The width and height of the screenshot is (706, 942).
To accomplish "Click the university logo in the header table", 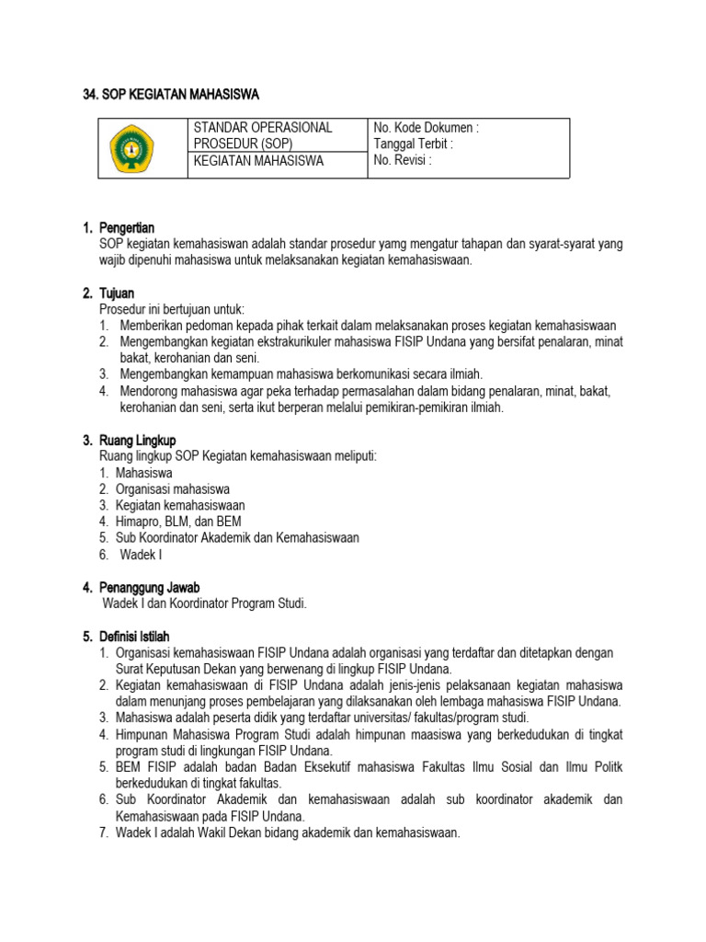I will point(133,148).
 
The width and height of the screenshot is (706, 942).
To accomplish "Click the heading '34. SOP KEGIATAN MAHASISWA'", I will point(171,94).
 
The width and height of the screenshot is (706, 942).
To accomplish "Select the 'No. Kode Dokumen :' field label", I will point(427,128).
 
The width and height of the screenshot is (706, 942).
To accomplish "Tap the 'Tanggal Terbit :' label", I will point(414,144).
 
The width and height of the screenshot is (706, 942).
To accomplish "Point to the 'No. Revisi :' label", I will point(403,159).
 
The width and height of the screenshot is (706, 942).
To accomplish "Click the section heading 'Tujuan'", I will point(116,293).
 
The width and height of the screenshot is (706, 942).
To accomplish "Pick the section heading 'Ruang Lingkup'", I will point(137,441).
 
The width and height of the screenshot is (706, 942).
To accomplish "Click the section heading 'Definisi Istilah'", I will point(139,637).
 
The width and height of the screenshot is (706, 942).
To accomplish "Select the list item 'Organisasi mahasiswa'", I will point(173,489).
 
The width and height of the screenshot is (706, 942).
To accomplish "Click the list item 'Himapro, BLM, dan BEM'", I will point(178,522).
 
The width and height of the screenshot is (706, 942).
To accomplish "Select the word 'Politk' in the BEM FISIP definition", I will point(605,767).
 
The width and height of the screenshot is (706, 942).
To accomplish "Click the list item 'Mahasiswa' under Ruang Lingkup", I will point(144,473).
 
